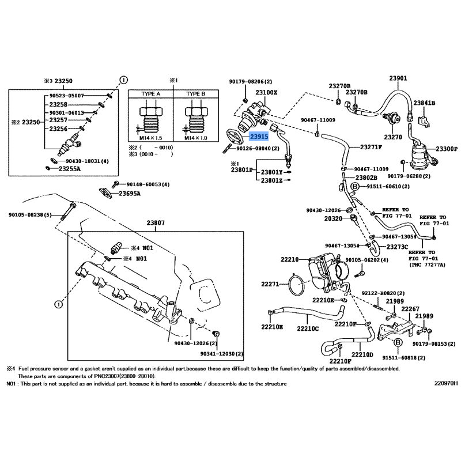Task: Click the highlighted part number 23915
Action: point(259,137)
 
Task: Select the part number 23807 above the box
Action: point(155,222)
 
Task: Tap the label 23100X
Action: point(266,92)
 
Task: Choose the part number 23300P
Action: point(444,148)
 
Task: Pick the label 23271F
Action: point(371,147)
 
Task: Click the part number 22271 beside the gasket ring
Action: point(270,284)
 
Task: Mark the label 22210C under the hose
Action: point(308,328)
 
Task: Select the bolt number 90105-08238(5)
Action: point(30,215)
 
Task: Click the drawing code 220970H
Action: point(447,383)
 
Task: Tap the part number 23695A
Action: point(130,194)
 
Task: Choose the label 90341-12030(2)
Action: point(222,353)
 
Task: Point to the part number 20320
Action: point(333,219)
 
